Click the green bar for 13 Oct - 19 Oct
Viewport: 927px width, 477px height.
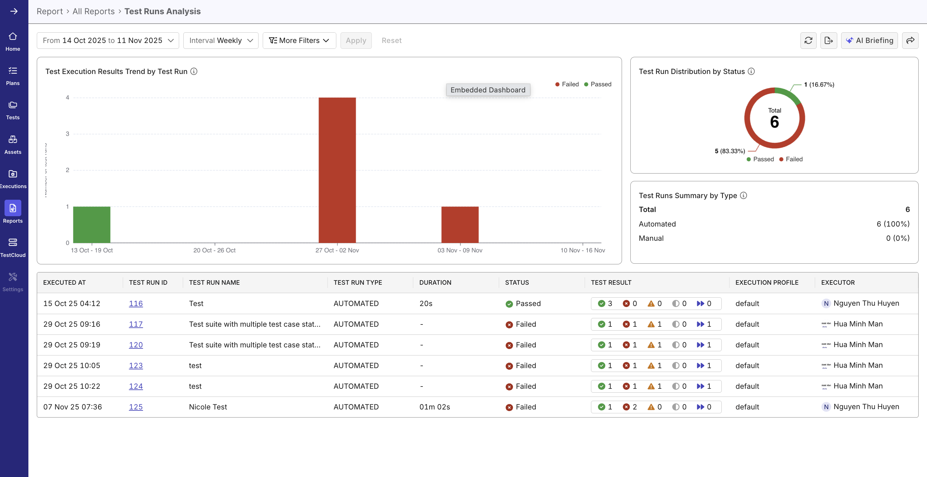(x=91, y=225)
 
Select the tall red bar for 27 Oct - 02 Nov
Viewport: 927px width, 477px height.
(x=337, y=170)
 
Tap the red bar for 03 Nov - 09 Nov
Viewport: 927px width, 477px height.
(x=460, y=225)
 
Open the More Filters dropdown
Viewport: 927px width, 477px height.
(x=299, y=40)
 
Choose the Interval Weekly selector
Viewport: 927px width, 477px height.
(x=220, y=40)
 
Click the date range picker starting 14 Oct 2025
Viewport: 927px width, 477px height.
(x=107, y=40)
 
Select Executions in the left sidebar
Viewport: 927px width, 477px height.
(x=13, y=178)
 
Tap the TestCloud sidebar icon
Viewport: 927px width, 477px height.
(x=13, y=247)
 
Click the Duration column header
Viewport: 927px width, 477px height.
(x=435, y=282)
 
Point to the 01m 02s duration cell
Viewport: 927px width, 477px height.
(x=434, y=407)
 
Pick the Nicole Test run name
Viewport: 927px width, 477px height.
(x=208, y=407)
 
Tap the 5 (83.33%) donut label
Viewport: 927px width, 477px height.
(x=729, y=151)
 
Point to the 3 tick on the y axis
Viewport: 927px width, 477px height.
(x=67, y=134)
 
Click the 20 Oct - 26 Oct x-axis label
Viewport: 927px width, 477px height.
(x=214, y=250)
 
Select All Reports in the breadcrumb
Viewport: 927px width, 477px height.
(x=93, y=11)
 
